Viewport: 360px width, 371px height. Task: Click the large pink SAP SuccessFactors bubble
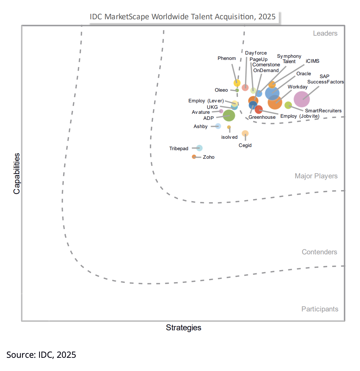point(302,99)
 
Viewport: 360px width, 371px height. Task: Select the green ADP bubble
point(229,116)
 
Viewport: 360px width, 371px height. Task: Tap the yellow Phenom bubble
point(237,83)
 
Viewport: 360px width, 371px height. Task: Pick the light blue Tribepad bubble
point(199,148)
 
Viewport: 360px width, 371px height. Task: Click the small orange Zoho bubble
point(194,157)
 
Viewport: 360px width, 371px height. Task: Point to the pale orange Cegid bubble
point(245,133)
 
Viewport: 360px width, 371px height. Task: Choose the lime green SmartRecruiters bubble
point(288,105)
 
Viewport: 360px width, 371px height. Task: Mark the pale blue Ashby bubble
point(218,126)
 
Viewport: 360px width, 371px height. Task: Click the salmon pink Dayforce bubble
point(245,87)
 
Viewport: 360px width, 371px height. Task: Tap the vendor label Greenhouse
point(262,117)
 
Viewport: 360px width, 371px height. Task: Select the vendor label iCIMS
point(313,61)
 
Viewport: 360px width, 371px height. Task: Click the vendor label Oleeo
point(221,90)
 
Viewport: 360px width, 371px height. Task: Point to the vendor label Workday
point(298,87)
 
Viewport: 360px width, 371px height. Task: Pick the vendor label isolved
point(229,137)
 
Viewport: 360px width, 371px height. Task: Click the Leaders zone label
point(325,34)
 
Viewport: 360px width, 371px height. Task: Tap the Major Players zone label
point(316,176)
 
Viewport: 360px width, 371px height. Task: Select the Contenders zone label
point(319,252)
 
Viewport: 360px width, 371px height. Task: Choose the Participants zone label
point(320,309)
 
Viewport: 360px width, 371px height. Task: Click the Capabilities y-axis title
point(16,173)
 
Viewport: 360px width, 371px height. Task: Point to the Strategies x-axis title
point(184,327)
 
